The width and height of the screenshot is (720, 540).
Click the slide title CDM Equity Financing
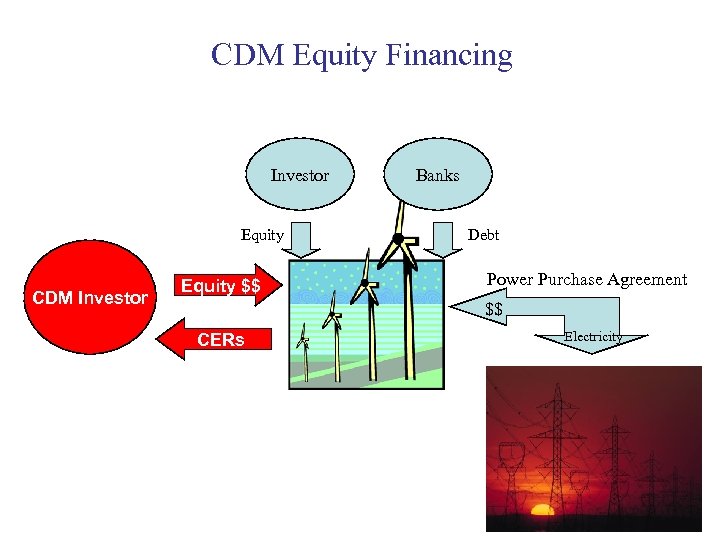click(361, 55)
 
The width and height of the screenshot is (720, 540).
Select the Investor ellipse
click(300, 175)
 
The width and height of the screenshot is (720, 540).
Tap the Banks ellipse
click(437, 175)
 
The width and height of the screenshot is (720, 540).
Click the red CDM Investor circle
click(90, 297)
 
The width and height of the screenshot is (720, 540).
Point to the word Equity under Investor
click(262, 235)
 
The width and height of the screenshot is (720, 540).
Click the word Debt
click(483, 235)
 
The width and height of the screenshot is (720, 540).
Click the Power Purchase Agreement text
click(586, 280)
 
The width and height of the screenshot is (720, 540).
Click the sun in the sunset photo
click(542, 510)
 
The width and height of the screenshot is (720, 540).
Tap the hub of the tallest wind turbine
click(397, 239)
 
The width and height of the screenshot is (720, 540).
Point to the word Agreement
click(646, 280)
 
